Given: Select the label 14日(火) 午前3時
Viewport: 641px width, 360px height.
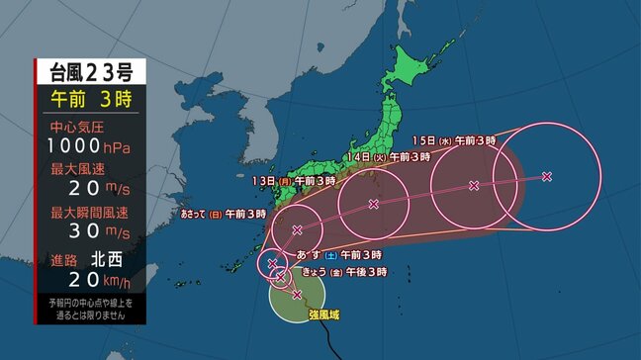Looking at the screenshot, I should coord(388,156).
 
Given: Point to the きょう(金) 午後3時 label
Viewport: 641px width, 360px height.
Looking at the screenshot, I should coord(352,271).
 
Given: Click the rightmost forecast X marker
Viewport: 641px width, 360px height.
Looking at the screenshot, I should coord(547,176).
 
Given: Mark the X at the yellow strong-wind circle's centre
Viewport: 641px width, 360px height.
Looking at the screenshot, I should coord(297,294).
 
